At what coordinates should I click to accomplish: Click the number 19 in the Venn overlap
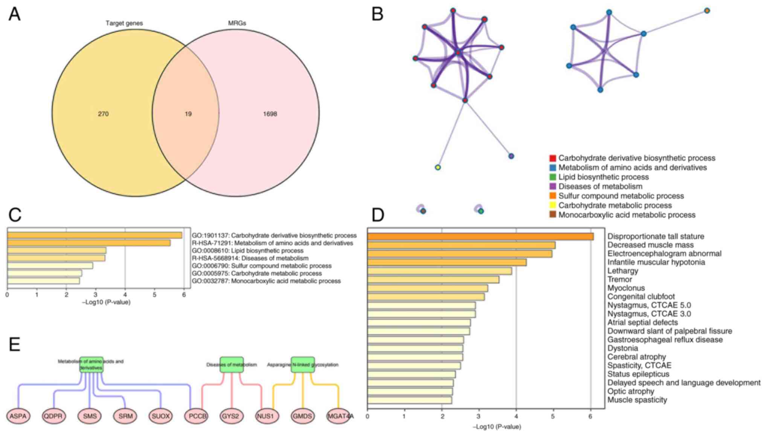188,114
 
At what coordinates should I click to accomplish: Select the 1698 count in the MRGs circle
270,114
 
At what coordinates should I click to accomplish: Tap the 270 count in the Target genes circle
103,114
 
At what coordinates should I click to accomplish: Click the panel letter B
377,14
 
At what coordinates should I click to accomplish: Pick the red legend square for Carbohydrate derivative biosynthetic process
553,158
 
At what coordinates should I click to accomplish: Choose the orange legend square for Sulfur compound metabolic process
553,196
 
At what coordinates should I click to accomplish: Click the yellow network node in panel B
437,167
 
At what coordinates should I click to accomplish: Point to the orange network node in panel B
707,11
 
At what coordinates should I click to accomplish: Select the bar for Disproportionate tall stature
480,237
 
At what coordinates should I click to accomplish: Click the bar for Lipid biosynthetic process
56,250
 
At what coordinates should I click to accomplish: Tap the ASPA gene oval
18,416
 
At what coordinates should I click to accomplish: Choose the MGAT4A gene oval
339,416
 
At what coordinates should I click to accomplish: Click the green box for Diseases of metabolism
232,365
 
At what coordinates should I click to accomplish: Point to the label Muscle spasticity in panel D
637,400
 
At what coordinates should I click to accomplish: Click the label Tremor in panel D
620,279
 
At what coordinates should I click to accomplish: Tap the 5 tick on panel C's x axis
154,295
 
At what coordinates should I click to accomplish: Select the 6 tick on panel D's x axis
590,417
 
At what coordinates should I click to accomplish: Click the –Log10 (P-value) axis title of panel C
106,302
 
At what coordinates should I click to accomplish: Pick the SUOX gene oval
161,416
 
